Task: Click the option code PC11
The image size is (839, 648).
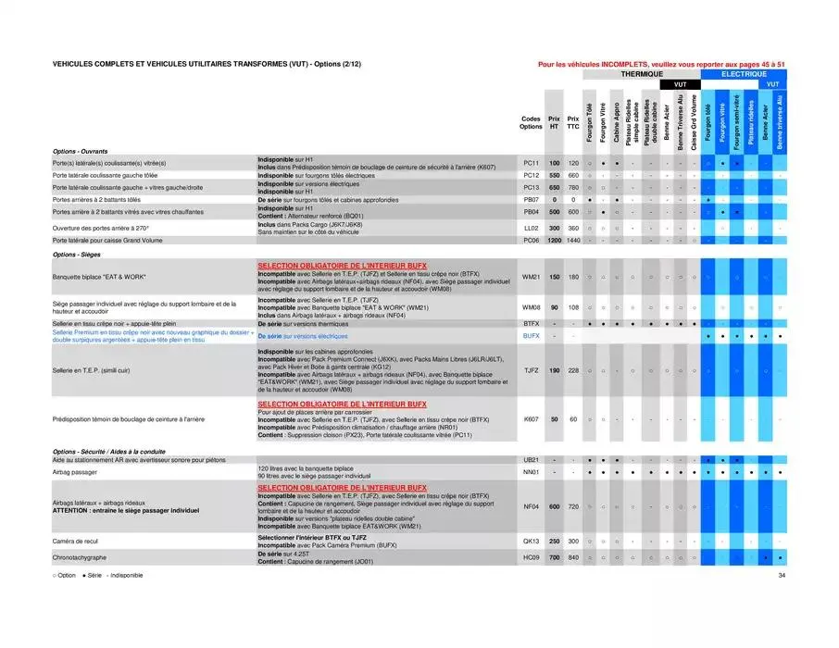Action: pos(531,163)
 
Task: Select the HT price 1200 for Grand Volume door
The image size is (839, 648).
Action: pos(554,240)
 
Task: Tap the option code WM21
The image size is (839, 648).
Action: pos(531,277)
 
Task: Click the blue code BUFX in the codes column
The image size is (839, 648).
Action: pos(531,336)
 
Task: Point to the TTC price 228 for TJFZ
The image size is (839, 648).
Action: pos(573,370)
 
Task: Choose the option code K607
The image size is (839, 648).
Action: pos(531,419)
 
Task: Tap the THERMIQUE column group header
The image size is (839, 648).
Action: pos(641,73)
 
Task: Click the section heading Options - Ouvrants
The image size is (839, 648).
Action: pos(81,151)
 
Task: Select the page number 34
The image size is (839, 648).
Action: pos(782,576)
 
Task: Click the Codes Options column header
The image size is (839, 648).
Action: pos(531,122)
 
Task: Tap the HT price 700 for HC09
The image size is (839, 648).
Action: pos(554,558)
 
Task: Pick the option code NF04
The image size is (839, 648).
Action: pos(531,506)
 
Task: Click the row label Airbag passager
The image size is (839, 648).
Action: pos(73,472)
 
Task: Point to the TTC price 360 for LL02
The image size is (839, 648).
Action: pos(573,228)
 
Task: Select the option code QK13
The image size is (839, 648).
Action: pos(531,541)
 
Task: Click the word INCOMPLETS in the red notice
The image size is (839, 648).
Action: pos(620,64)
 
